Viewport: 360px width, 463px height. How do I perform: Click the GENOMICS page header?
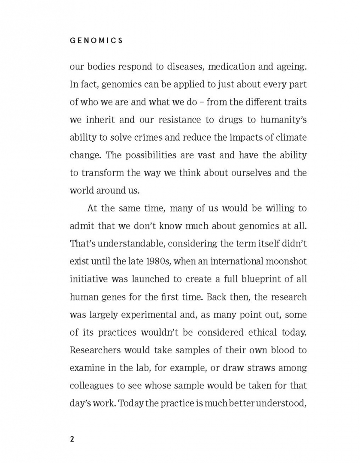pos(96,40)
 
